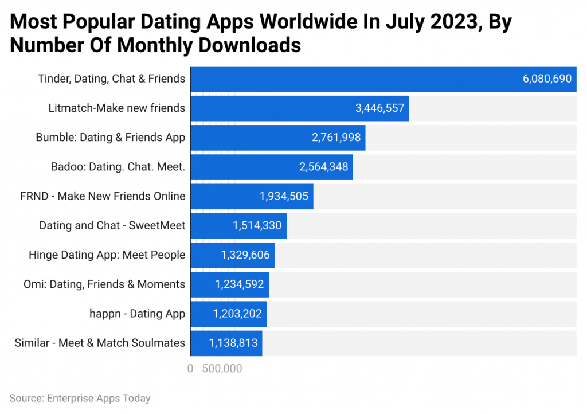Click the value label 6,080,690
[x=547, y=79]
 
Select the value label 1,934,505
[x=284, y=196]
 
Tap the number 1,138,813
[x=233, y=343]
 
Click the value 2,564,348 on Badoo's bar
[x=323, y=167]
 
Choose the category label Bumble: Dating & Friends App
[x=111, y=138]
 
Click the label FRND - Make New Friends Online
[x=103, y=196]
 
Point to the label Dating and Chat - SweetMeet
[x=112, y=225]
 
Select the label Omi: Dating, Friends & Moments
[x=104, y=284]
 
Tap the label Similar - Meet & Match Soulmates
[x=100, y=343]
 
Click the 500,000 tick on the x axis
[x=222, y=369]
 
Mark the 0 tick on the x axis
[x=190, y=369]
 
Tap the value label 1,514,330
[x=257, y=226]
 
